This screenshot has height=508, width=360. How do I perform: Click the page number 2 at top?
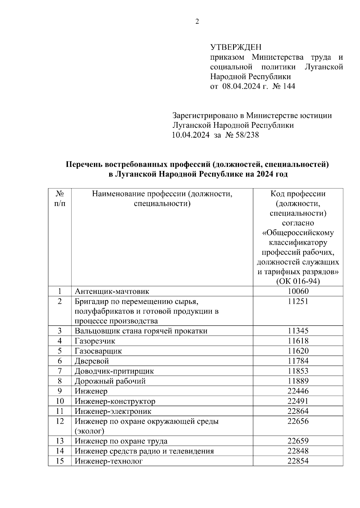[x=197, y=22]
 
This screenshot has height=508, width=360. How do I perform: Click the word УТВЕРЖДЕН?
[x=235, y=47]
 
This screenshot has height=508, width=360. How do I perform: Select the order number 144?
[x=289, y=86]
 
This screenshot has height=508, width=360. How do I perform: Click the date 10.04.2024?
[x=190, y=135]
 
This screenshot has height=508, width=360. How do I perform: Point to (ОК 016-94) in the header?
[x=298, y=281]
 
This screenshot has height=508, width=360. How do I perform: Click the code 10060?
[x=298, y=291]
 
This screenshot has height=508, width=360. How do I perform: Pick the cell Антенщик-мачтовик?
[x=112, y=291]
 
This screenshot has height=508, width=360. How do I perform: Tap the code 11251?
[x=298, y=301]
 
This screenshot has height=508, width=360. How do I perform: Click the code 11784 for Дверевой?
[x=298, y=361]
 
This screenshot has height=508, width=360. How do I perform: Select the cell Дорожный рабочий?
[x=110, y=381]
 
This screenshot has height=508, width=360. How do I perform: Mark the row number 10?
[x=60, y=401]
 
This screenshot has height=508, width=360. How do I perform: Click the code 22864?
[x=298, y=411]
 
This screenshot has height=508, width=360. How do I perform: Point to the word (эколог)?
[x=89, y=431]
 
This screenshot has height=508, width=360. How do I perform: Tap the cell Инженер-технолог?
[x=109, y=461]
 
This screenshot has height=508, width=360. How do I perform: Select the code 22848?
[x=298, y=451]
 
